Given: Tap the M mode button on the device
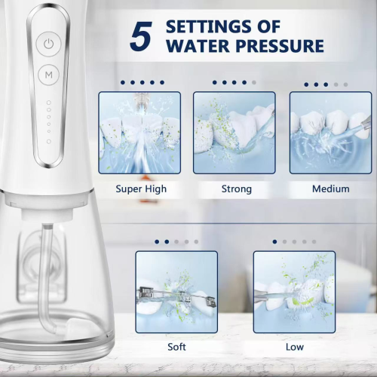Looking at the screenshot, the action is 48,75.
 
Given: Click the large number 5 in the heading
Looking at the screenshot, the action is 141,36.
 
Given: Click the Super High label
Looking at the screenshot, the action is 141,189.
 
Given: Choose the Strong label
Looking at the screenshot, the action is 237,189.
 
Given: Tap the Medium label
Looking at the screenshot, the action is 331,188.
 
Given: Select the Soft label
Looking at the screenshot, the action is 176,347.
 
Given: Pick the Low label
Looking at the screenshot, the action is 295,347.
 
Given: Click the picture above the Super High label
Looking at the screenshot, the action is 139,133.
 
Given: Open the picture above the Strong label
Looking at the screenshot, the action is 234,133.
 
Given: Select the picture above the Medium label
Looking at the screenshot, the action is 330,133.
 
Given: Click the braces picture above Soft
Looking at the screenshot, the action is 176,292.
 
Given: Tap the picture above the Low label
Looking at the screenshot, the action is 294,292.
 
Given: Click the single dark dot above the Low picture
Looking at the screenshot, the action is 274,242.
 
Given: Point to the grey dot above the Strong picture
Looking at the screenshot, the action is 254,82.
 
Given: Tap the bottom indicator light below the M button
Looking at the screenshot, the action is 49,142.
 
